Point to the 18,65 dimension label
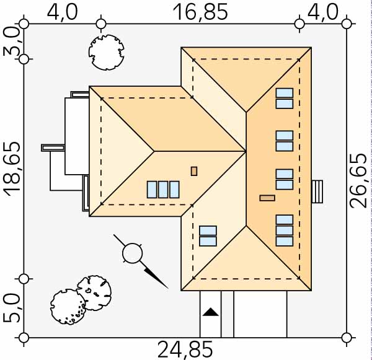tap(12, 168)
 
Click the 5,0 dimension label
tap(12, 307)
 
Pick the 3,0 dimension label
tap(12, 42)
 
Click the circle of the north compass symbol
tap(131, 252)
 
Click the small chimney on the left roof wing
tap(194, 171)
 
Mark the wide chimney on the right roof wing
tap(267, 198)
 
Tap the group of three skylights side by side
tap(163, 189)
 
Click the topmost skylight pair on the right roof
tap(284, 99)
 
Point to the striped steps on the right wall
tap(317, 191)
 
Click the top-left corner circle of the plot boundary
tap(24, 24)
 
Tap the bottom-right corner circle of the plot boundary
tap(347, 338)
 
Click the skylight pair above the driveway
tap(208, 236)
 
